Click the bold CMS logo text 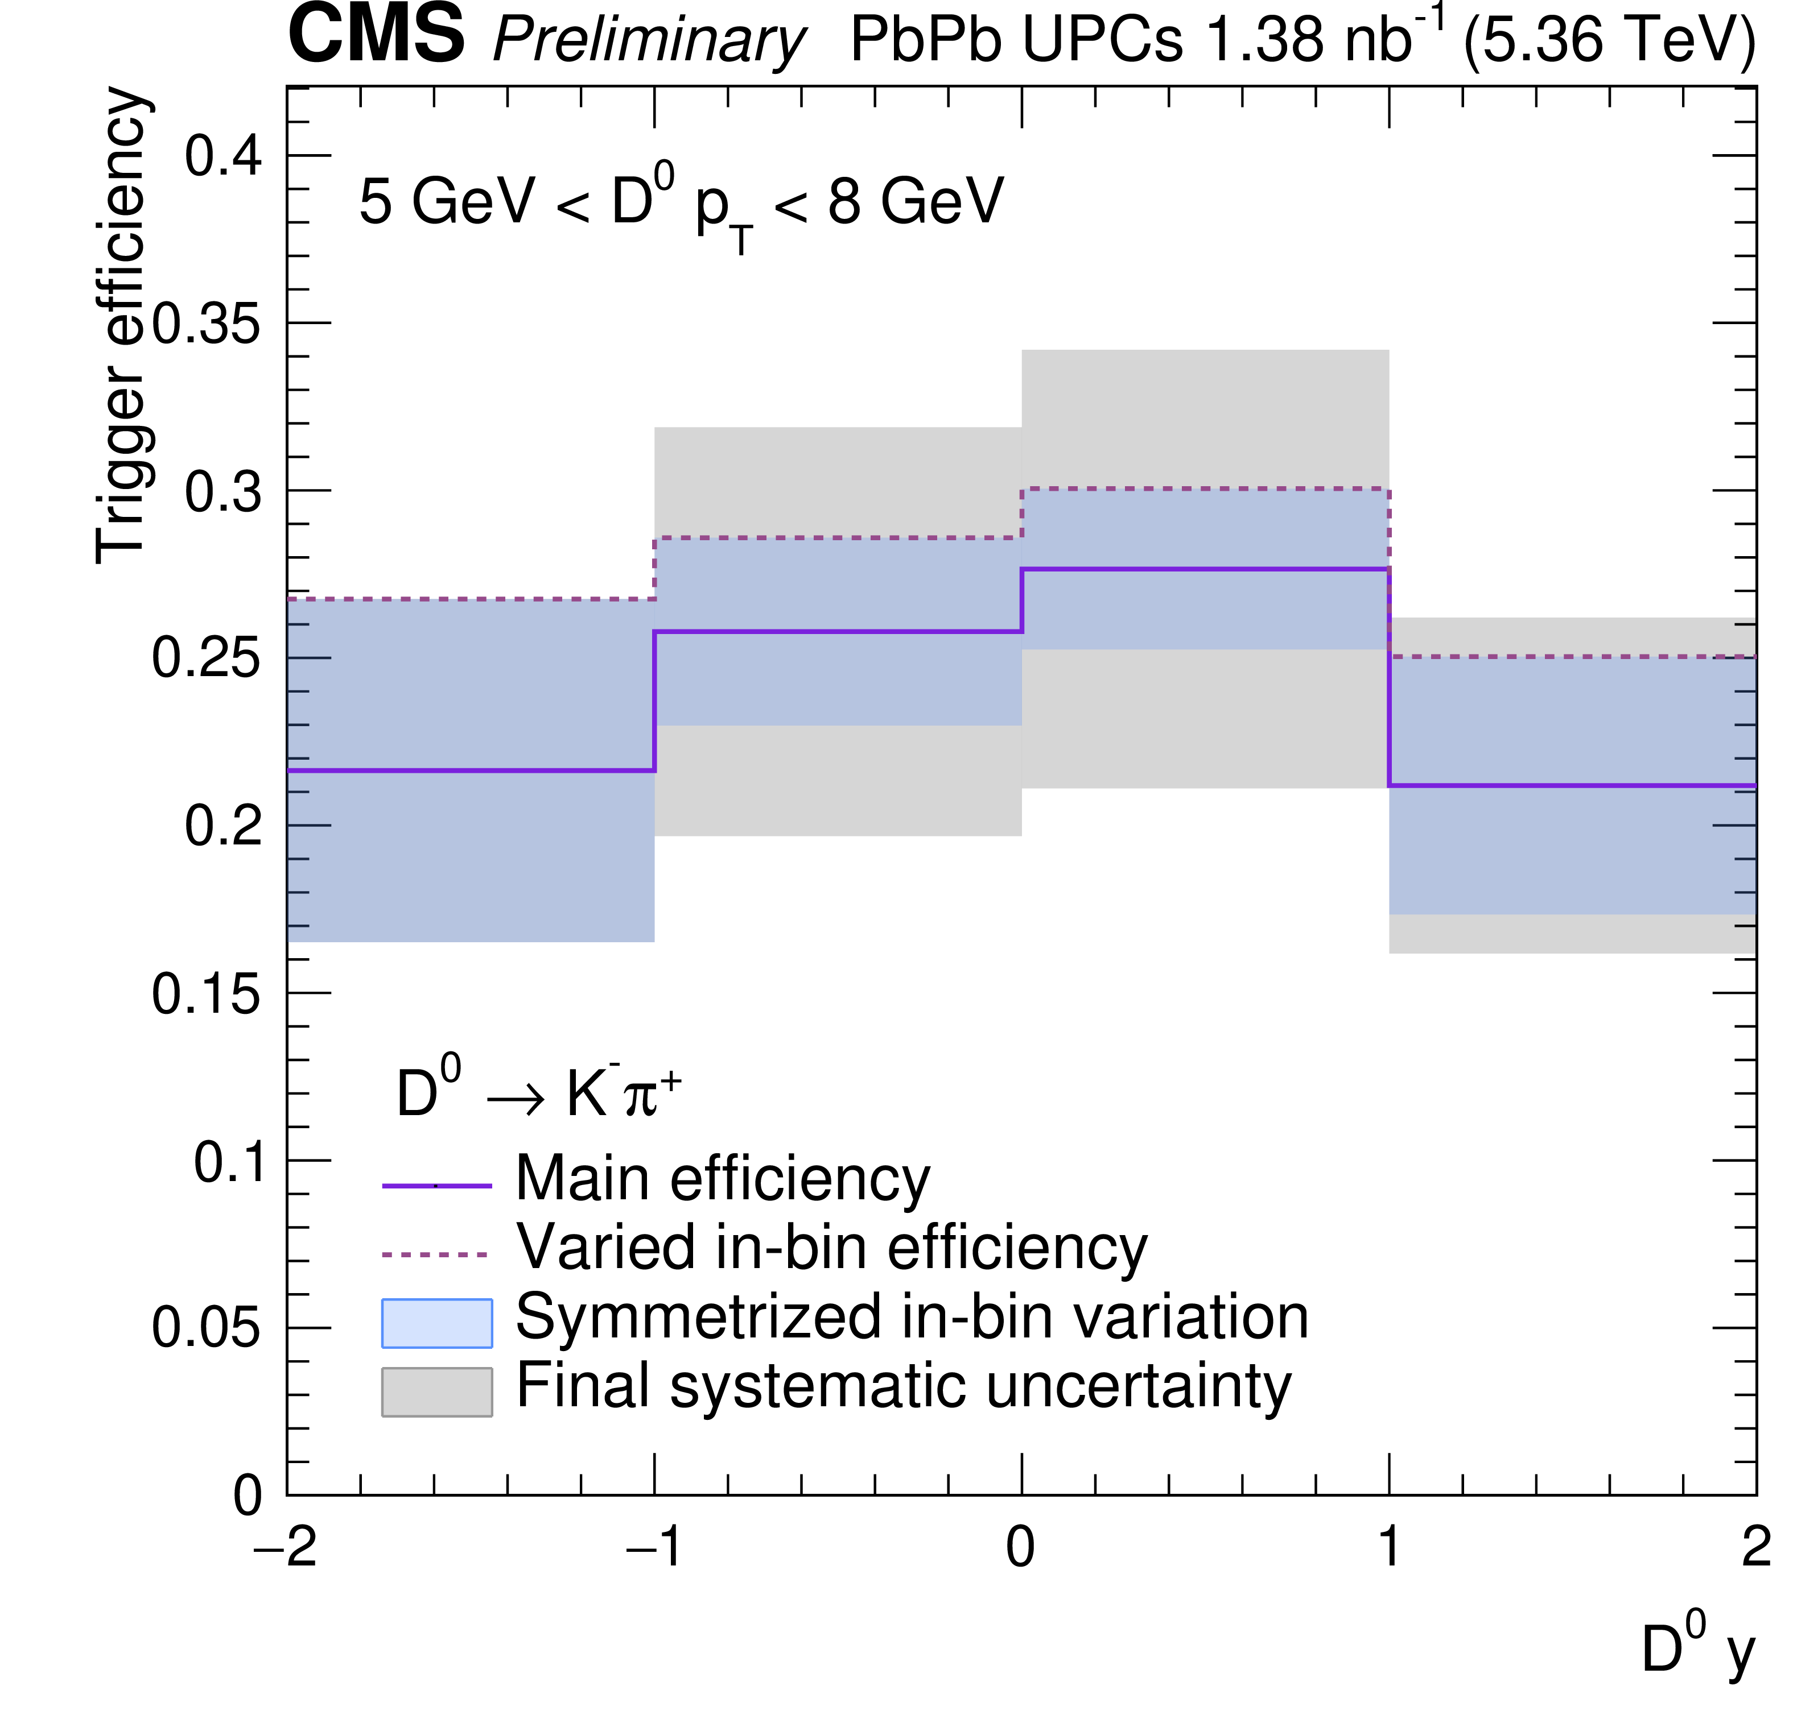point(376,36)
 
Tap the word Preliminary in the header point(649,41)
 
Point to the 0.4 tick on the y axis point(223,155)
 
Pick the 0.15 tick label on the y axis point(207,994)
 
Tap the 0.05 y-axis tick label point(207,1328)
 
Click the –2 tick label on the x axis point(286,1548)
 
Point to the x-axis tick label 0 point(1020,1548)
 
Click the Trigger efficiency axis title point(121,325)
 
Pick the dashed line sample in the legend point(436,1254)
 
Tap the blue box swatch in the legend point(436,1323)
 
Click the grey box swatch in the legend point(436,1391)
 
